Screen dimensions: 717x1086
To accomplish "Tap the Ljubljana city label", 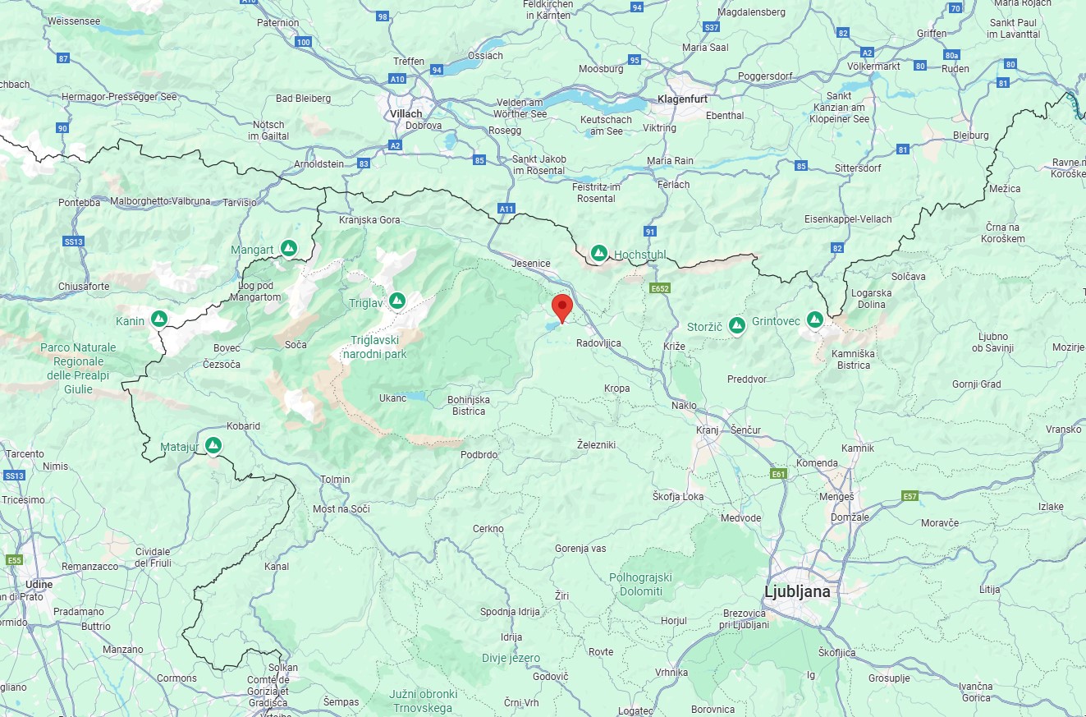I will pos(796,591).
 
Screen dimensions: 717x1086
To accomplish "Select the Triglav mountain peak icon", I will pos(397,301).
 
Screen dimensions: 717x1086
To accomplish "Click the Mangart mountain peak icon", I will pos(288,247).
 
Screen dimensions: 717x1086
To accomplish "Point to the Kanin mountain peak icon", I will pos(159,319).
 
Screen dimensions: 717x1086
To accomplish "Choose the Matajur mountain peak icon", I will pos(213,445).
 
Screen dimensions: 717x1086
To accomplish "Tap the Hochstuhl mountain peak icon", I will pos(599,253).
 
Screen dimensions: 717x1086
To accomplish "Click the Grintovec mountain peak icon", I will pos(815,319).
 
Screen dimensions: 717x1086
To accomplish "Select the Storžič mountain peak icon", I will pos(737,325).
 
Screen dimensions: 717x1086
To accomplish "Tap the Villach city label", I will pos(406,113).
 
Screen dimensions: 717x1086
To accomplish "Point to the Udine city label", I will pos(39,584).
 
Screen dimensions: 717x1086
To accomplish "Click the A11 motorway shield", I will pos(506,209).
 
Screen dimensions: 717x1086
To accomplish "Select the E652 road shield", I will pos(659,288).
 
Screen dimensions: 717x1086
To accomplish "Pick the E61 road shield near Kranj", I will pos(779,474).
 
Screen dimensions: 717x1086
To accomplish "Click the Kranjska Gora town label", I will pos(369,220).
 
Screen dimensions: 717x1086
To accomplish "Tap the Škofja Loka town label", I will pos(678,497).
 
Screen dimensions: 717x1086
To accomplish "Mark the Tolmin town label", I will pos(335,479).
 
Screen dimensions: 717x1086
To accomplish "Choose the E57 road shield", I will pos(910,496).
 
